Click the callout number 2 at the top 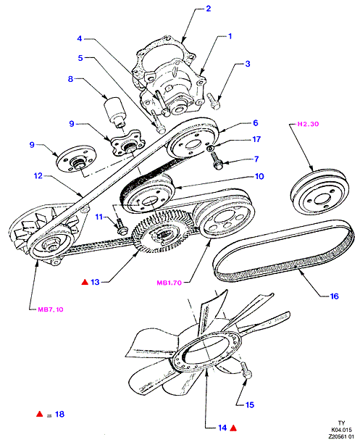click(x=208, y=9)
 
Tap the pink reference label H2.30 click(x=308, y=124)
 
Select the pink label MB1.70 click(x=169, y=283)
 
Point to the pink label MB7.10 click(x=51, y=309)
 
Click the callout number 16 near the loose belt click(x=335, y=296)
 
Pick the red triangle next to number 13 click(x=85, y=282)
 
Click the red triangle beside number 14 click(x=233, y=428)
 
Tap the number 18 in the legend click(x=59, y=414)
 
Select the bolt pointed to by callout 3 click(x=214, y=101)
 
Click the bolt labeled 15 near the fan click(x=246, y=370)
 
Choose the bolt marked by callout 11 click(x=121, y=226)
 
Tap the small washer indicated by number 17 click(x=211, y=148)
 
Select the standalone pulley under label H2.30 click(x=319, y=192)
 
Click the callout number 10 click(x=259, y=177)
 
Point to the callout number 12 click(x=38, y=176)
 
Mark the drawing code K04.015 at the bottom click(x=341, y=430)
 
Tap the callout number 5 click(x=80, y=58)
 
